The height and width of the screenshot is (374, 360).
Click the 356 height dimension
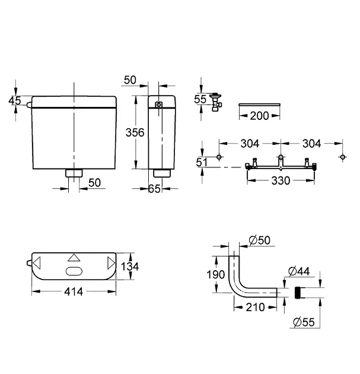click(x=135, y=132)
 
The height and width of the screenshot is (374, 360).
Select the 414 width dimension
click(x=74, y=291)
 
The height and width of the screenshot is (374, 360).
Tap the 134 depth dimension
click(x=130, y=266)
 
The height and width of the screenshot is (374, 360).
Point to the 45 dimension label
click(x=15, y=100)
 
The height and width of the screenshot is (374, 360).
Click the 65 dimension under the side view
click(x=154, y=189)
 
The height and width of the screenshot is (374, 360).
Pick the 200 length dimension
click(x=259, y=116)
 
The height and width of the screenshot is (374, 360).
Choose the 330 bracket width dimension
click(x=281, y=180)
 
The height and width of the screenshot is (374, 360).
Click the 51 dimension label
click(x=202, y=163)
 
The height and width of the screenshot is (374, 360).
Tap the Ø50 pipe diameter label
click(x=259, y=240)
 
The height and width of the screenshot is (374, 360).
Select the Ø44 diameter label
click(x=299, y=271)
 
